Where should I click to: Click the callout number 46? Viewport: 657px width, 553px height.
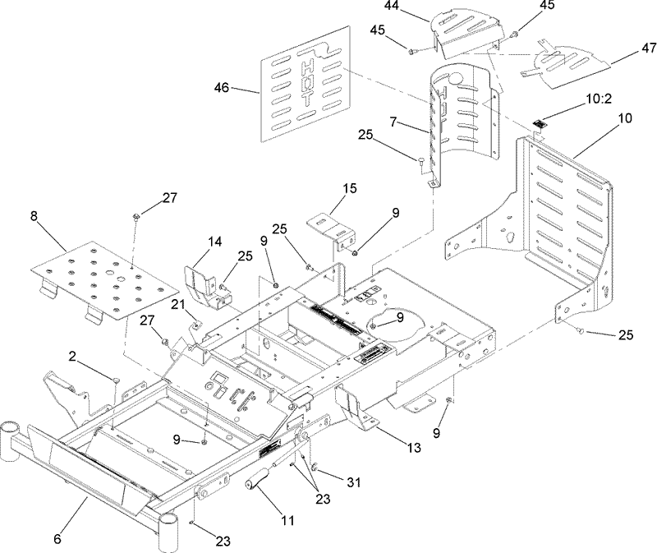221,88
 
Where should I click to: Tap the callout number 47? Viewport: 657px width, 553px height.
648,48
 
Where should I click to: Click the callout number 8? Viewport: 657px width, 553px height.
34,216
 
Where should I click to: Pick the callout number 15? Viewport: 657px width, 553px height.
348,189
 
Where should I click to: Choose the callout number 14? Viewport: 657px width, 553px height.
214,242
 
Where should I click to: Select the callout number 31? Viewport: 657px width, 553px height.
353,483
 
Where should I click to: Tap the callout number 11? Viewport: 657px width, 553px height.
288,521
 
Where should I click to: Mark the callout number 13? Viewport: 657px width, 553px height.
413,448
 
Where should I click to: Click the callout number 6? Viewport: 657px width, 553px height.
57,539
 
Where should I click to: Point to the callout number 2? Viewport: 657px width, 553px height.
72,357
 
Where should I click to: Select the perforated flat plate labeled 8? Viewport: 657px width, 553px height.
105,281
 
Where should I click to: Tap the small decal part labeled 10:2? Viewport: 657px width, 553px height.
538,125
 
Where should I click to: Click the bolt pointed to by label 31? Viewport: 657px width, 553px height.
315,467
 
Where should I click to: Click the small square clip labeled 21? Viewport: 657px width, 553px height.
195,325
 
